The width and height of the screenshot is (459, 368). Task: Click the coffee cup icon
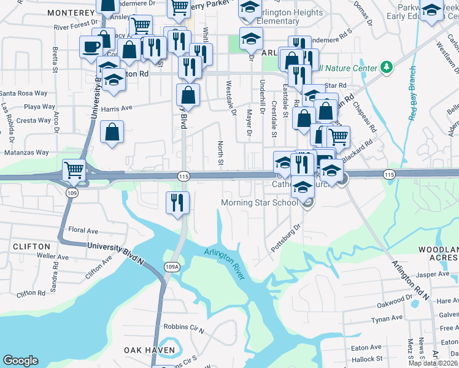tap(91, 46)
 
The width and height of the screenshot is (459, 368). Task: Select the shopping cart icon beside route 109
tap(74, 171)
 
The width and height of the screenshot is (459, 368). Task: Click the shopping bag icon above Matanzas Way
tap(112, 132)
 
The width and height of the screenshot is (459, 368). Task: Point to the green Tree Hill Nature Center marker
tap(386, 66)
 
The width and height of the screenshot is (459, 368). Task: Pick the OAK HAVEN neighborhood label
tap(149, 350)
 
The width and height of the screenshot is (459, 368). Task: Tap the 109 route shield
tap(72, 192)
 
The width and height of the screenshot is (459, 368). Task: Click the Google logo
tap(20, 361)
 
